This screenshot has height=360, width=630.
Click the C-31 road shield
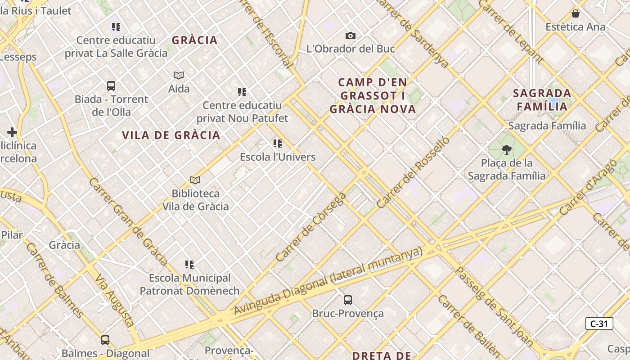click(599, 324)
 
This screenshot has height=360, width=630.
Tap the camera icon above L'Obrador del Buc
click(350, 36)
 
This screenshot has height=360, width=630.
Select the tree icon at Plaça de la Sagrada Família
click(507, 149)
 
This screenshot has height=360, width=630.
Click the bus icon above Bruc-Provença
click(347, 300)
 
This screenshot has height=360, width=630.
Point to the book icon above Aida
click(179, 75)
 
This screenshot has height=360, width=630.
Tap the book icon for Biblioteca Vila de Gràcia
click(195, 180)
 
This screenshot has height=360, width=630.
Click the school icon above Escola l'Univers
click(278, 144)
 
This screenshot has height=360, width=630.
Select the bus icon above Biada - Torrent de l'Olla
click(111, 85)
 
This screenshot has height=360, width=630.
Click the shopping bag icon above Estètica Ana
click(575, 13)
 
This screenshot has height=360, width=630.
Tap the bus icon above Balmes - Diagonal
click(105, 340)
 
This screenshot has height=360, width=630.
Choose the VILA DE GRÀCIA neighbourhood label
click(171, 135)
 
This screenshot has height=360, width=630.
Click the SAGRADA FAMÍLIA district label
click(542, 100)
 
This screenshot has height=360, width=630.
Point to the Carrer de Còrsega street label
click(311, 227)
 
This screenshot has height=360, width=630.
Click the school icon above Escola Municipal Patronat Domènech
click(189, 264)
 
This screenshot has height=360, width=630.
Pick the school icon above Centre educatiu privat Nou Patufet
click(242, 92)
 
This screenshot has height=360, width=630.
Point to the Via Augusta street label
click(114, 299)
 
